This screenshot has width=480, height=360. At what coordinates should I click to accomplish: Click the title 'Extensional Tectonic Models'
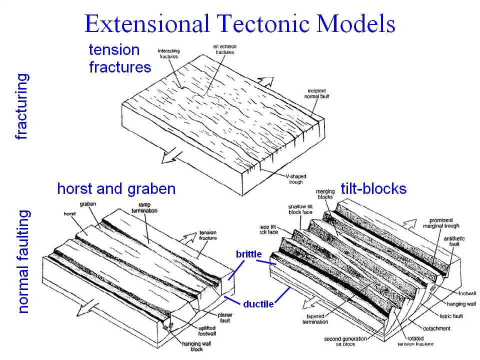pos(240,23)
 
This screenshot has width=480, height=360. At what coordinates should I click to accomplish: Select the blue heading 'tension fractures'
pos(120,58)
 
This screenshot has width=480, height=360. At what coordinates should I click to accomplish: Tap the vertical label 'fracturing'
pos(22,106)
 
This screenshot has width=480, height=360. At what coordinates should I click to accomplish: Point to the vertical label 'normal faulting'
pos(23,261)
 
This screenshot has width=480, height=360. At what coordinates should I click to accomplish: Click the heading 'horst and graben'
pos(116,188)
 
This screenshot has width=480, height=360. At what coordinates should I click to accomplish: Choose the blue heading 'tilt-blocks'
pos(373,188)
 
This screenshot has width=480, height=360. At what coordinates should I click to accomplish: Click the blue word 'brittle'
pos(248,254)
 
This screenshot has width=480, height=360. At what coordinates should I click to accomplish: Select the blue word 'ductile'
pos(258,303)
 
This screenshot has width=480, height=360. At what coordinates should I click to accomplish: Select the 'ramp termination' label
pos(145,208)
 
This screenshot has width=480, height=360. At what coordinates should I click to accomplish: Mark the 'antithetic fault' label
pos(453,241)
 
